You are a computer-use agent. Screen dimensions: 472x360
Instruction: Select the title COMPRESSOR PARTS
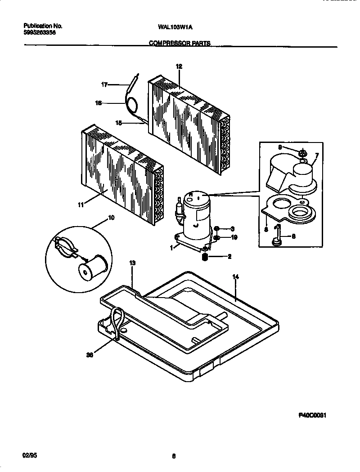point(180,44)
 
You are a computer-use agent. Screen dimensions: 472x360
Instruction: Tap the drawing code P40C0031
point(312,416)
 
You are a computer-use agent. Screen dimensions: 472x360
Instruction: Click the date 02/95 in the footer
point(29,456)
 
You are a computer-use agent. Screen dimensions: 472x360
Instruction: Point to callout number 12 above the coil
point(179,67)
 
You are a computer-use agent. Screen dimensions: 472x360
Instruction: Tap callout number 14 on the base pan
point(235,277)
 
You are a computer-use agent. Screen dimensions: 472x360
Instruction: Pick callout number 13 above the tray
point(132,263)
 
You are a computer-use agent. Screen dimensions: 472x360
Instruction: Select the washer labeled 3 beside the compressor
point(216,228)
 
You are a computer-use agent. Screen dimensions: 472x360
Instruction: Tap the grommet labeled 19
point(216,237)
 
